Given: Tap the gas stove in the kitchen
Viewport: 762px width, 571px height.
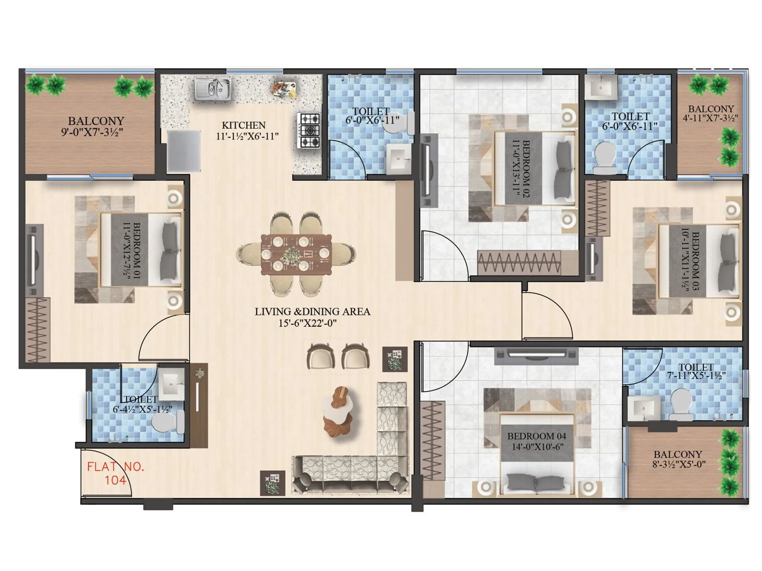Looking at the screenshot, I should coord(310,129).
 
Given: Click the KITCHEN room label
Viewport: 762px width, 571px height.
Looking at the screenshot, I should coord(243,125).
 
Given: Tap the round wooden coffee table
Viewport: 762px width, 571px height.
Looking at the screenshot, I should coord(340,410).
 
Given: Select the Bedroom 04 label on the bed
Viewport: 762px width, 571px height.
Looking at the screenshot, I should coord(536,436).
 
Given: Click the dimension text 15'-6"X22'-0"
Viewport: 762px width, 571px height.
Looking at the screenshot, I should coord(312,324).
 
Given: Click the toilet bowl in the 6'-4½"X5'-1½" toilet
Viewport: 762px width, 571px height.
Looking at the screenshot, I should coord(167,422).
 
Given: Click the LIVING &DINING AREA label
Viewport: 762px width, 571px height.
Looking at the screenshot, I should coord(312,312).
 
